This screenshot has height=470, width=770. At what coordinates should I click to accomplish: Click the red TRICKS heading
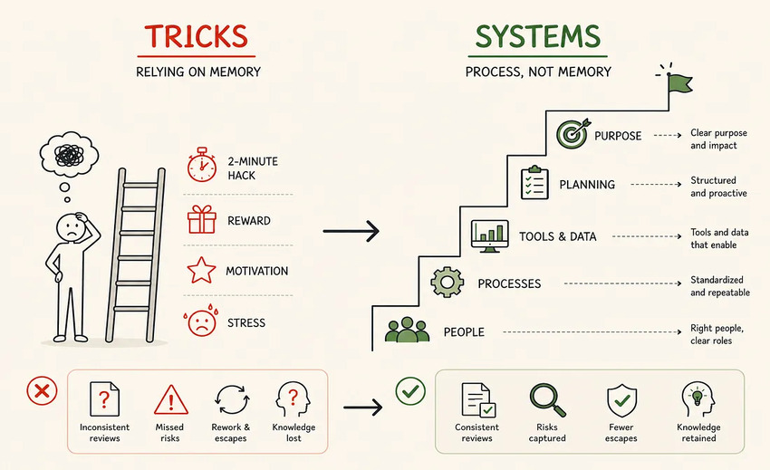[196, 36]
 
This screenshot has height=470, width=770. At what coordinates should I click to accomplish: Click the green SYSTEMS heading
[538, 36]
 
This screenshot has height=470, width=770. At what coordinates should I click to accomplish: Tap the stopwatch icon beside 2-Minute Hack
[202, 165]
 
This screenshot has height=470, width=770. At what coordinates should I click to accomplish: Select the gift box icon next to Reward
[202, 219]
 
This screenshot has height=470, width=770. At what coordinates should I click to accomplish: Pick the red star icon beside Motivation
[201, 270]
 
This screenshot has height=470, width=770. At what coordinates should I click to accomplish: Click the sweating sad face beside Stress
[201, 321]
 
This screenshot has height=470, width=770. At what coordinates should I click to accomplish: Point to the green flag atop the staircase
[679, 83]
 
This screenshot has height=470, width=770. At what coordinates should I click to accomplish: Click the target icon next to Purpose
[573, 134]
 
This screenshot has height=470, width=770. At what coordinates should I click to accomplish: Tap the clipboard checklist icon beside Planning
[534, 183]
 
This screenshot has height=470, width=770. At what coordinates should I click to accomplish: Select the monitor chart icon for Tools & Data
[489, 235]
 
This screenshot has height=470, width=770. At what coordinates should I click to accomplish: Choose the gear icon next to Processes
[447, 282]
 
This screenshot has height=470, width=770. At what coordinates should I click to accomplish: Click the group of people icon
[407, 330]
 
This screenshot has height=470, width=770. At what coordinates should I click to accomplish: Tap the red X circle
[42, 391]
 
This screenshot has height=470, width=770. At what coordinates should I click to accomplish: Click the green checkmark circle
[410, 391]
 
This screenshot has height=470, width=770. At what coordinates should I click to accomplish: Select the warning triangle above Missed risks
[171, 399]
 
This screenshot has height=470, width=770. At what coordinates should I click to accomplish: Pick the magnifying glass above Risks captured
[547, 399]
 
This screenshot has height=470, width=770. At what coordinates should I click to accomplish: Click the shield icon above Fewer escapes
[621, 399]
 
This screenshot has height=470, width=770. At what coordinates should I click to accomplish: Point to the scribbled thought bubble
[69, 155]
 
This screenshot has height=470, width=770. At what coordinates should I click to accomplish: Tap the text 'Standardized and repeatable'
[720, 286]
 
